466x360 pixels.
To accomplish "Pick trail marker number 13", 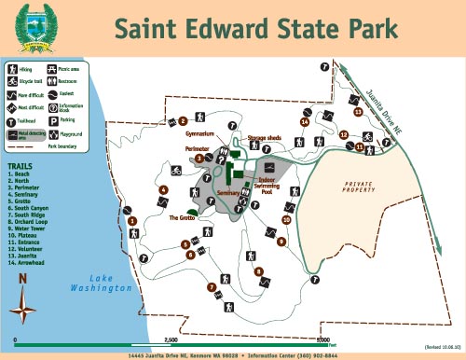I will point(357,111).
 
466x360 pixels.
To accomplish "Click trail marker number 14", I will point(305,121).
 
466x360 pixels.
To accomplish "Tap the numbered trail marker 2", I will point(184,120).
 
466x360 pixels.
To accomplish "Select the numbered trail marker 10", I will point(286,219).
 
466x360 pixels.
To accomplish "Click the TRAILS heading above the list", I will point(21,168).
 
